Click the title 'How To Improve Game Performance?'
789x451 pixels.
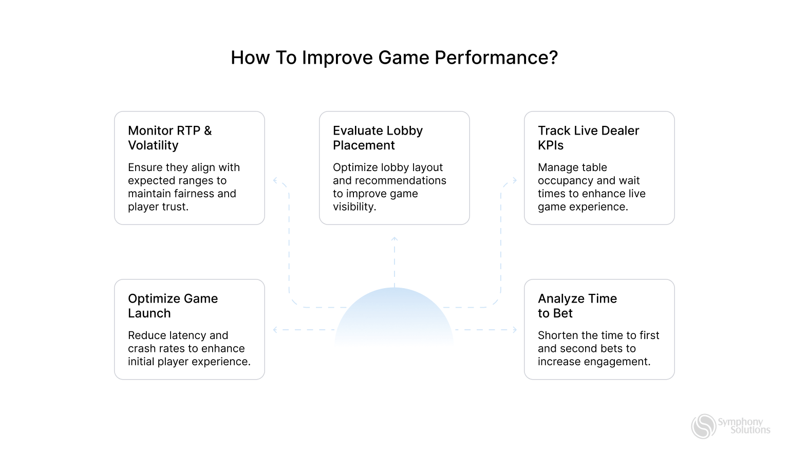pyautogui.click(x=394, y=58)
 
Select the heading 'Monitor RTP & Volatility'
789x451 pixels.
pyautogui.click(x=170, y=138)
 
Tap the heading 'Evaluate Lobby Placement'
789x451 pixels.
pyautogui.click(x=378, y=138)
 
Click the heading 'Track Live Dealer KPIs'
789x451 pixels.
pyautogui.click(x=588, y=138)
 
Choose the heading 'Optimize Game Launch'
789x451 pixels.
pyautogui.click(x=173, y=306)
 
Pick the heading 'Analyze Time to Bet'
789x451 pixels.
pyautogui.click(x=577, y=306)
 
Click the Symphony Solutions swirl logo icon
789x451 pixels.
pyautogui.click(x=703, y=426)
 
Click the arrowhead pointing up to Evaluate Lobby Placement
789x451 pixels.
pyautogui.click(x=394, y=239)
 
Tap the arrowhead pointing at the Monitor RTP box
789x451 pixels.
pyautogui.click(x=275, y=180)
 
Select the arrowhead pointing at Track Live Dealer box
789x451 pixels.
pyautogui.click(x=514, y=180)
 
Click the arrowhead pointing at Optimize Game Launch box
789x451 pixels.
pyautogui.click(x=275, y=330)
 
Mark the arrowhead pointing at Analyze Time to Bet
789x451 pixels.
pyautogui.click(x=514, y=330)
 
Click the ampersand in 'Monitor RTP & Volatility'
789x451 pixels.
pyautogui.click(x=208, y=130)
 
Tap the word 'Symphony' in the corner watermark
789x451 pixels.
pyautogui.click(x=740, y=422)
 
